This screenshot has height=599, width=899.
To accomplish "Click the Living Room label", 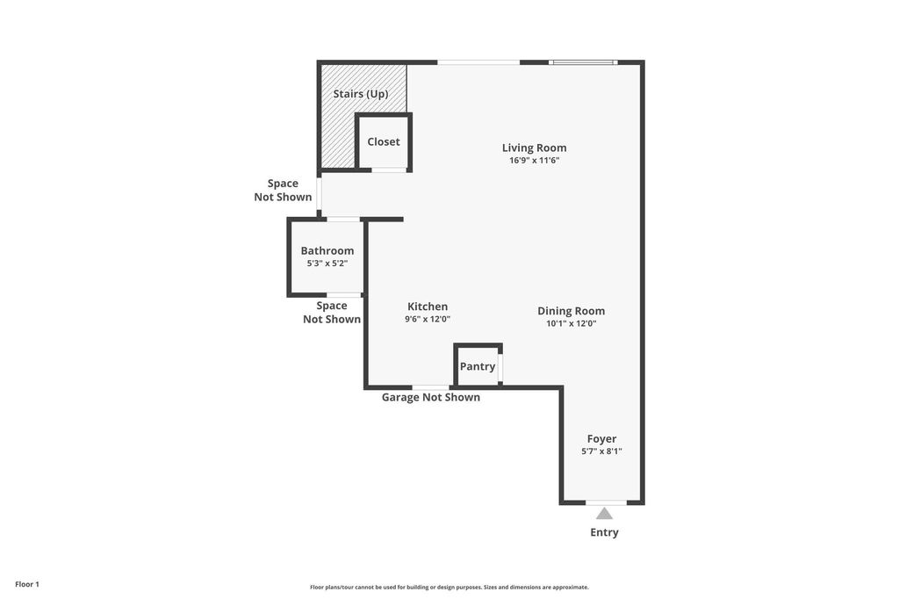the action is pos(534,148).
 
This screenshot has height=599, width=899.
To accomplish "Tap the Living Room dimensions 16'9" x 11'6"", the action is pos(534,161).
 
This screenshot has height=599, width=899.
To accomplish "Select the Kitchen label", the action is pos(428,307).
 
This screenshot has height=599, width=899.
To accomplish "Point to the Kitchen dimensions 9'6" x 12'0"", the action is pos(428,319).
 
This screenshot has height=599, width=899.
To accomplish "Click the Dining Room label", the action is pos(571,311).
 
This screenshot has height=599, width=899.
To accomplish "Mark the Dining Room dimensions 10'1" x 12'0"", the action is pos(571,323).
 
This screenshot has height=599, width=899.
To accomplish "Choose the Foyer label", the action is pos(601,439).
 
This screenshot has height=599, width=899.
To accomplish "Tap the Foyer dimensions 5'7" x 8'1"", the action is pos(601,451).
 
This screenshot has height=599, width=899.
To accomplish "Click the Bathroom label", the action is pos(327,250).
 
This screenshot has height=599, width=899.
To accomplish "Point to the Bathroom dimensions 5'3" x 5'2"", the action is pos(327,263).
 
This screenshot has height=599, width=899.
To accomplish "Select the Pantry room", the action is pos(478,365).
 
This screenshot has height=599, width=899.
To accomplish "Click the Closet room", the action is pos(384,141).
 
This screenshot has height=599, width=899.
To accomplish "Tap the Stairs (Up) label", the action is pos(361,93).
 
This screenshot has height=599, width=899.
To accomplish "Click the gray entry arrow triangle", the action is pos(604,514).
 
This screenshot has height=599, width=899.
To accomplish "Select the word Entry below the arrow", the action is pos(604,532).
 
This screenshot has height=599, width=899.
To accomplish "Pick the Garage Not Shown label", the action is pos(430,397).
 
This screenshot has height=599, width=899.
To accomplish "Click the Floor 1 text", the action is pos(27,584).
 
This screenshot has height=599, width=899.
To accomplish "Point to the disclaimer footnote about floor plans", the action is pos(449,587).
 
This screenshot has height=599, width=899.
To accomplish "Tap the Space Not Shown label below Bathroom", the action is pos(331,313).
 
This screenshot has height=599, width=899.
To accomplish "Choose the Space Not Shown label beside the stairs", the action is pos(283,191).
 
